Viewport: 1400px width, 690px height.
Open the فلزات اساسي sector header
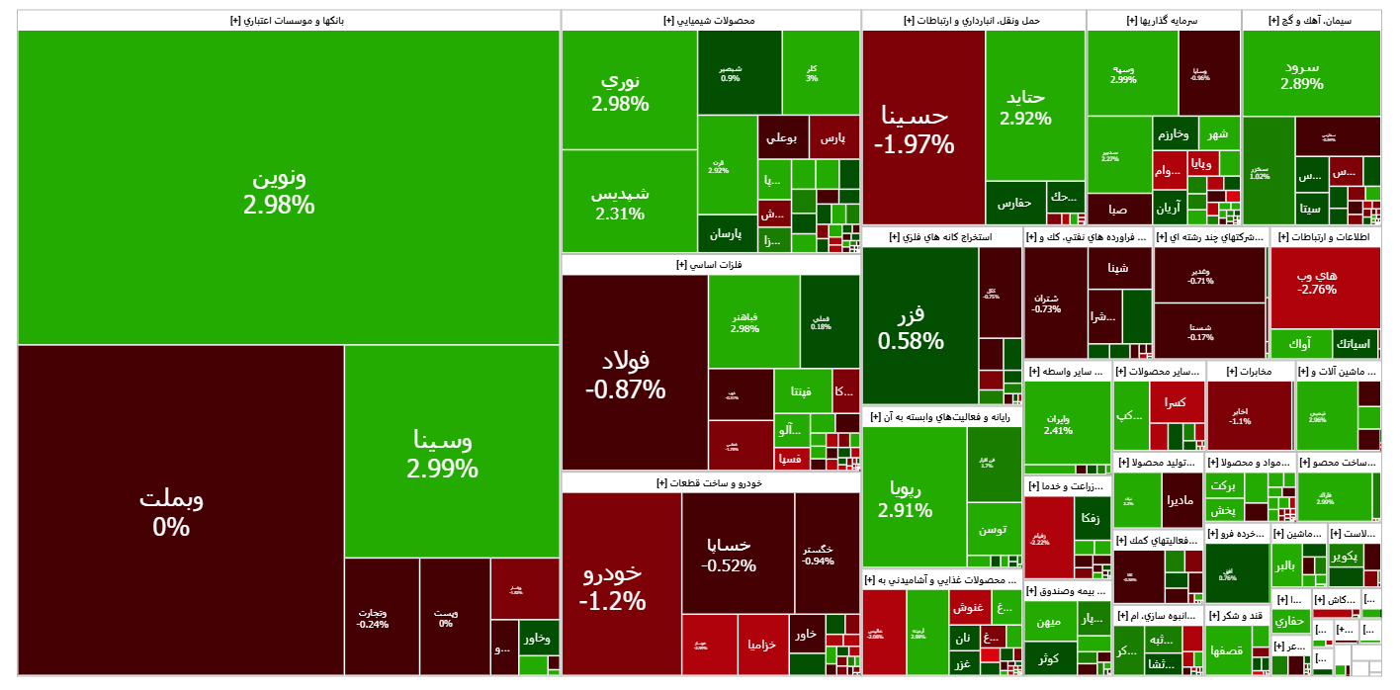click(x=710, y=264)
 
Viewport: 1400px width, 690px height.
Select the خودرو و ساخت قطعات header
click(x=710, y=482)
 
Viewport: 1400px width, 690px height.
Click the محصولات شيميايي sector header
click(x=710, y=20)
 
